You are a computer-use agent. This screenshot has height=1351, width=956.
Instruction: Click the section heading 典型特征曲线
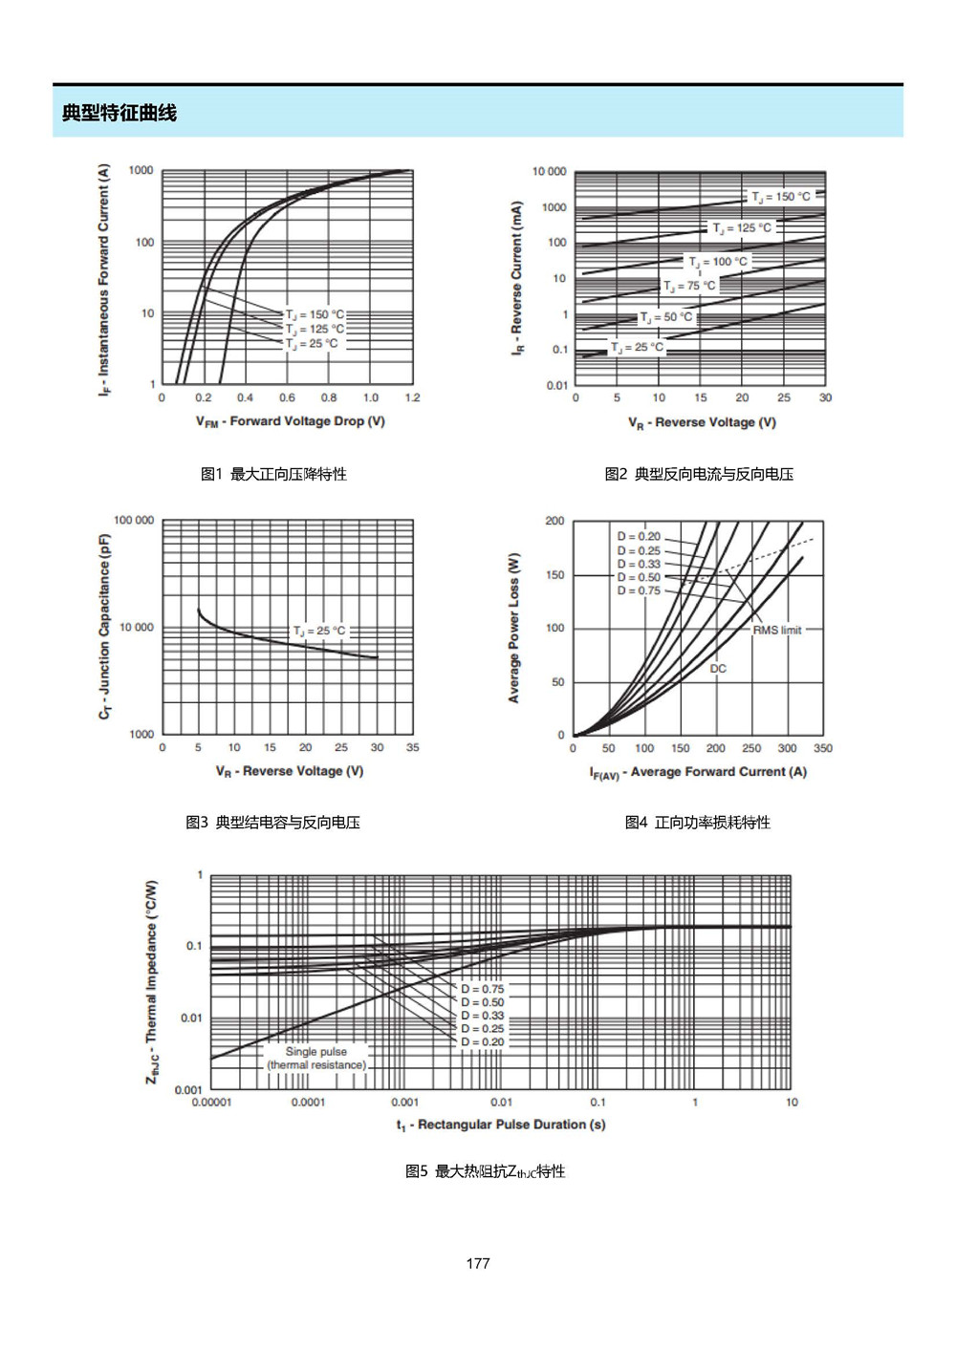(119, 113)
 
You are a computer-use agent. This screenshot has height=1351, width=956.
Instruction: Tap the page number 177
(478, 1263)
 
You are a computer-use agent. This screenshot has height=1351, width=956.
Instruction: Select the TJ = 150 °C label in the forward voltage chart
(315, 314)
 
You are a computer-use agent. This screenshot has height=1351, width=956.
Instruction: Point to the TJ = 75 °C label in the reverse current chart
(689, 286)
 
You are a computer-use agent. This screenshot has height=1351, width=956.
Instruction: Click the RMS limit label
(777, 631)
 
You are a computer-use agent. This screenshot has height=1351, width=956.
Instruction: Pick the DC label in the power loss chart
(718, 668)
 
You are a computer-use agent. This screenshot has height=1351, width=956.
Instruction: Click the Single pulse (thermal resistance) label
(316, 1059)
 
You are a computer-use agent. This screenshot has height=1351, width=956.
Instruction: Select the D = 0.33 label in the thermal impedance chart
(482, 1016)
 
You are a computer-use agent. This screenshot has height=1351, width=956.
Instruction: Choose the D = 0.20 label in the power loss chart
(639, 536)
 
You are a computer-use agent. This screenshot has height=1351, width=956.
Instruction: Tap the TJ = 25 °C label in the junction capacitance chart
(319, 631)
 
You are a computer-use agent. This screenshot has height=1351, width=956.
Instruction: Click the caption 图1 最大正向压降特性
(273, 474)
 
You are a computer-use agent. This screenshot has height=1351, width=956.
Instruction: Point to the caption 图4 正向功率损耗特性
(698, 822)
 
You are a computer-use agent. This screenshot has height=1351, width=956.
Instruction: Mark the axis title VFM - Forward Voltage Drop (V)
(291, 421)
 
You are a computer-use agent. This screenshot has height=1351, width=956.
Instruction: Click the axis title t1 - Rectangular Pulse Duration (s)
(501, 1125)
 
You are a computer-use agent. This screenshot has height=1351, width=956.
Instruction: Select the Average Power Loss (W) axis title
(513, 627)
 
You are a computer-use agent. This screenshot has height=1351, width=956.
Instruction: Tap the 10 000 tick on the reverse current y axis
(549, 171)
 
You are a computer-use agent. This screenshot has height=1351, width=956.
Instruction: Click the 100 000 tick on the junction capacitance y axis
(134, 520)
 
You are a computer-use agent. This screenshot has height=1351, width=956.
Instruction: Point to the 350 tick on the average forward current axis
(822, 748)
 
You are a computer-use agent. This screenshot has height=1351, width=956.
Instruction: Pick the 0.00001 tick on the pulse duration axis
(211, 1102)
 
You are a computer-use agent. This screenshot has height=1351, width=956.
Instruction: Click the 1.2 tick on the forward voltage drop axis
(412, 397)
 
